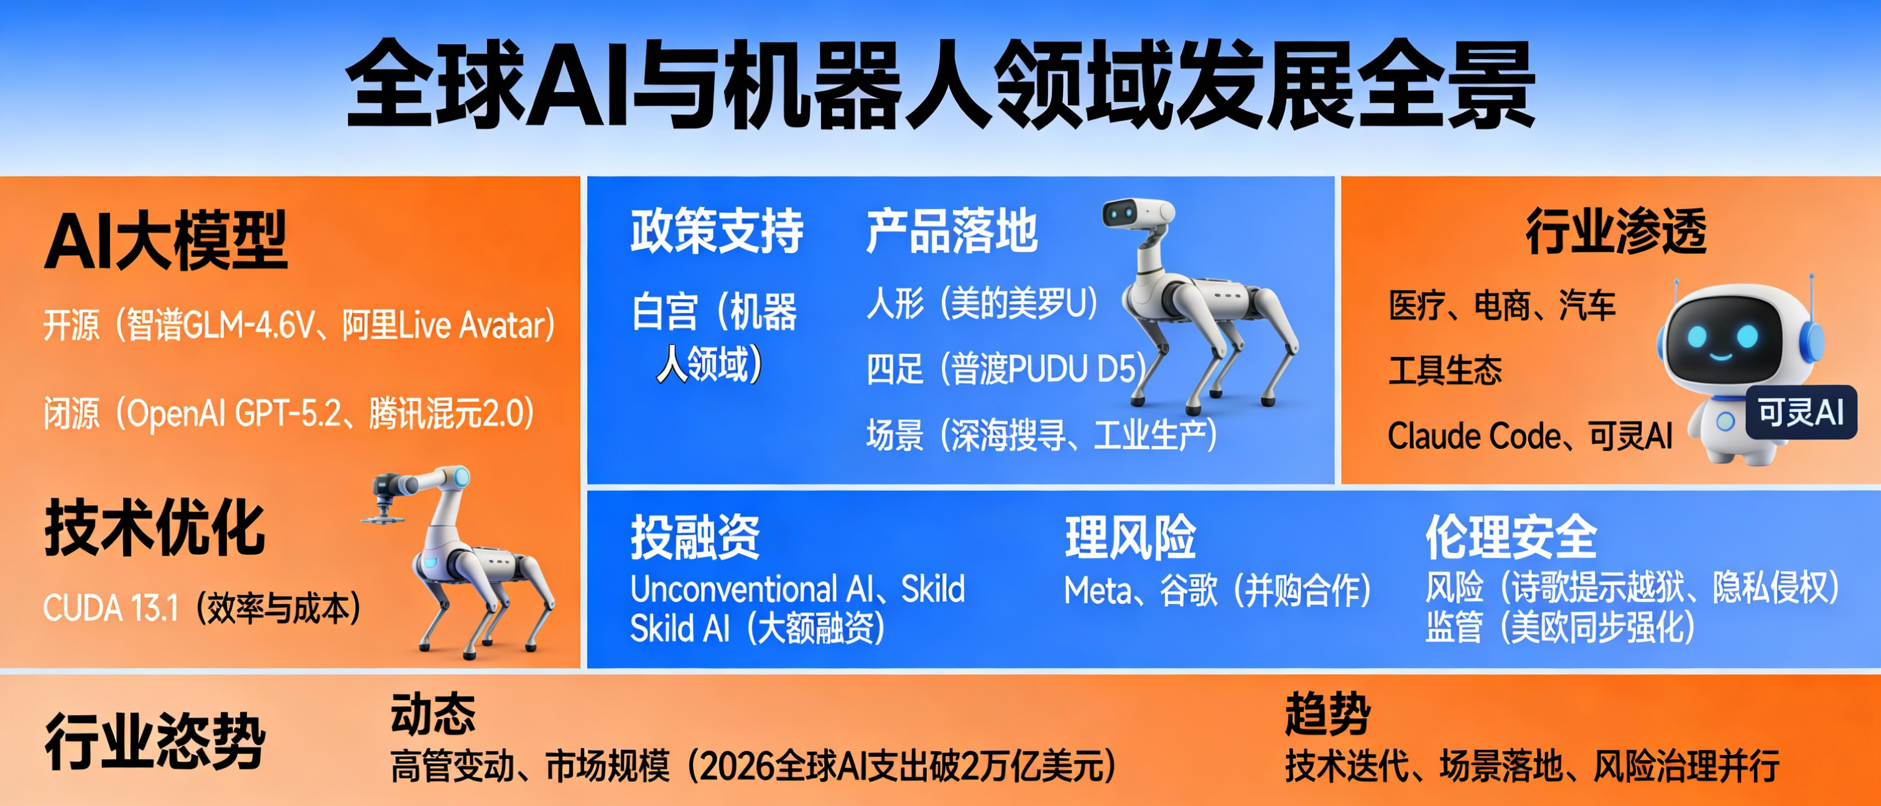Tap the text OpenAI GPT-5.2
coord(234,414)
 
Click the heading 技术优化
coord(155,527)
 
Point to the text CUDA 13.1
coord(110,608)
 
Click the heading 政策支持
coord(717,231)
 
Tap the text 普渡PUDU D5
coord(1044,369)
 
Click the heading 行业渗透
coord(1615,231)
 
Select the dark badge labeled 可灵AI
coord(1801,412)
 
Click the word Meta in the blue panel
coord(1095,590)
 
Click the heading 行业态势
coord(155,741)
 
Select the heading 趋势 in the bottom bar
coord(1327,713)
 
